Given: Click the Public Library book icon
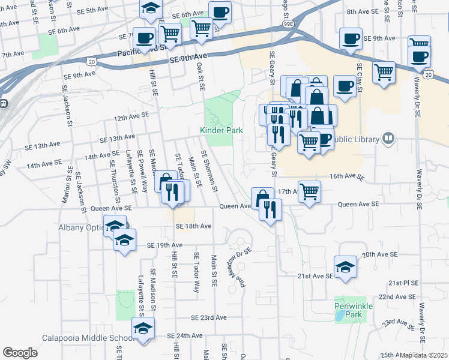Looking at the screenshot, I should coord(389,139).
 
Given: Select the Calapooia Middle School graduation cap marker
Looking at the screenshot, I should coord(143,329).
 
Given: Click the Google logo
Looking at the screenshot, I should coord(20,353).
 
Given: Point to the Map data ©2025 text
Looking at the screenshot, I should coord(424,355).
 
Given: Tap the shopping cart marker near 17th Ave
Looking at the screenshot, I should coord(309,192).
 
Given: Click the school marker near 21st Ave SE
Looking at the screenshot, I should coord(345,267).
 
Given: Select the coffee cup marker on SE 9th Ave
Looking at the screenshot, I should coord(350,39).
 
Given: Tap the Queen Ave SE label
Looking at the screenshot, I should coord(359,204).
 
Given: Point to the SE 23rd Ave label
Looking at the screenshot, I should coord(209,317).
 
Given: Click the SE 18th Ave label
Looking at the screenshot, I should coord(194,226).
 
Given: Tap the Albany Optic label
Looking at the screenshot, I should coord(82,227).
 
